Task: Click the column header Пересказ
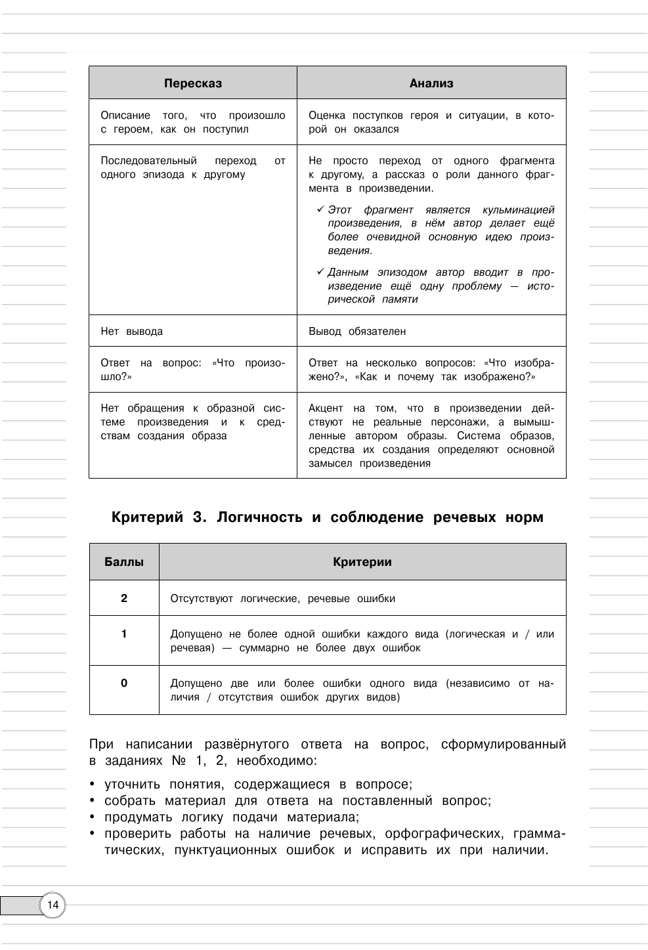click(x=193, y=83)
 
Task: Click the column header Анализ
click(x=431, y=83)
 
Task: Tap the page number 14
click(x=53, y=905)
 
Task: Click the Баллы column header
click(x=124, y=562)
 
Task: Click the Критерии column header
click(x=362, y=562)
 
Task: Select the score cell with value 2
click(x=124, y=598)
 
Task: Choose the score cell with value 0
click(x=124, y=683)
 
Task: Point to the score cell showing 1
click(x=124, y=634)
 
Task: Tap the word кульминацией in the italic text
click(x=518, y=210)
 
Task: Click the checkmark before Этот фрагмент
click(x=320, y=209)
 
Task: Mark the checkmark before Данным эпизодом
click(x=320, y=272)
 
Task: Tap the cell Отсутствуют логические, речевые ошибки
click(x=283, y=599)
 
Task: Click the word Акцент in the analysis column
click(x=326, y=408)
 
